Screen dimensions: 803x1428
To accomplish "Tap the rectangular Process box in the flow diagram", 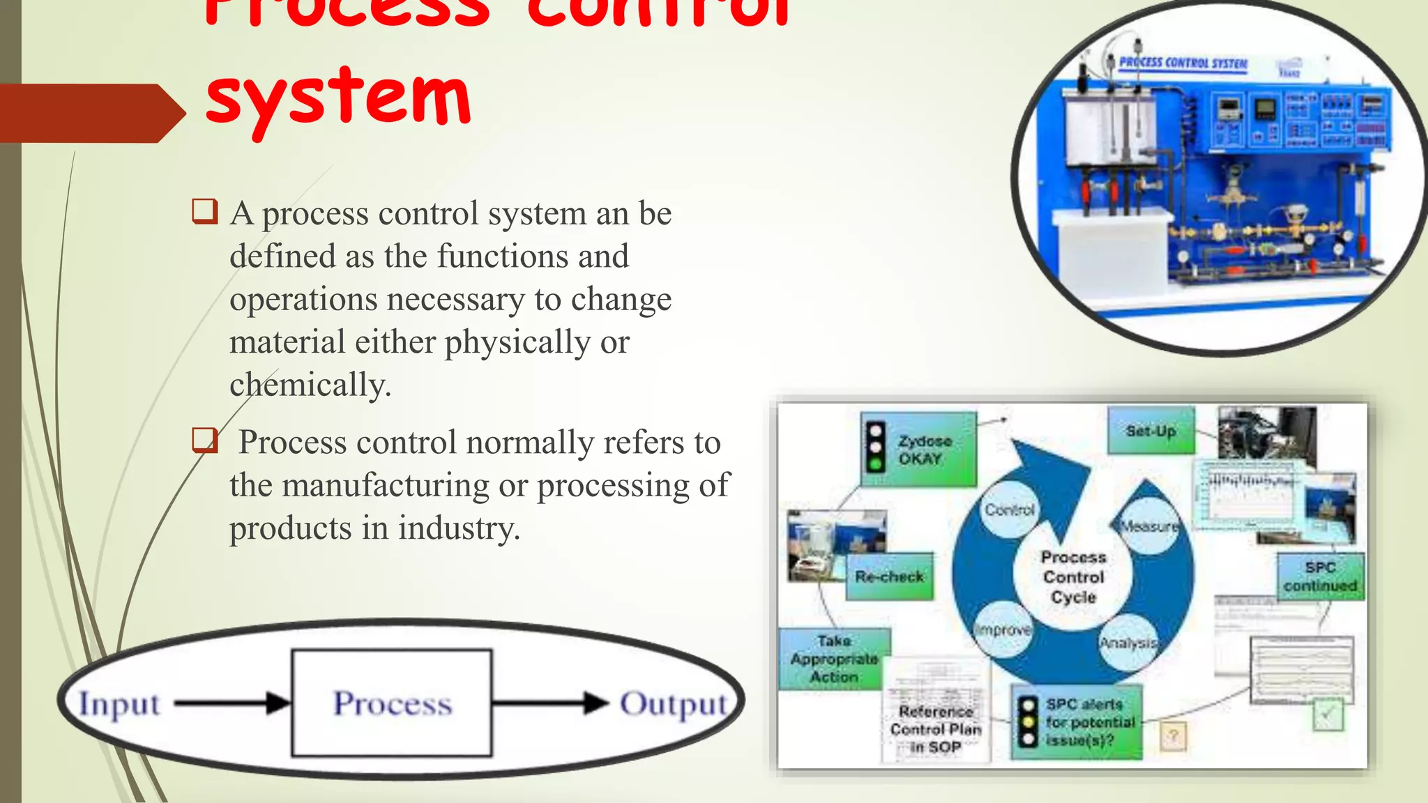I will pos(392,703).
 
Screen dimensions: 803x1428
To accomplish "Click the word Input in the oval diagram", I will pos(119,703).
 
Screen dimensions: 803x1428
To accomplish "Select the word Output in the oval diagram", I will pos(673,703).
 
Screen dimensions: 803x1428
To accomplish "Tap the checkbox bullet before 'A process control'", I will pos(205,211).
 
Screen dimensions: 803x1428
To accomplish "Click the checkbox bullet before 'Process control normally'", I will pos(205,441).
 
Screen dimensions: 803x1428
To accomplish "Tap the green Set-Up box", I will pos(1150,431).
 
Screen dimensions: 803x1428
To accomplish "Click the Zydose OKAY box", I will pos(919,450).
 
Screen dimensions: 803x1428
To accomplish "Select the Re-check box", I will pos(889,576).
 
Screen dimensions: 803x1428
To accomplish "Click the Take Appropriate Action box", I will pos(834,659).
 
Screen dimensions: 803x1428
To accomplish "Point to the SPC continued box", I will pos(1320,576).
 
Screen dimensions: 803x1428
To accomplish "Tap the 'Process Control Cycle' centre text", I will pos(1073,577).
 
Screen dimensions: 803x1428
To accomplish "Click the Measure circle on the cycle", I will pos(1149,526).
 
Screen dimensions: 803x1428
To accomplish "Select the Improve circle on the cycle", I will pos(1003,629).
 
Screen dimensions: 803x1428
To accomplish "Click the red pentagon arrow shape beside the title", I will pos(91,114).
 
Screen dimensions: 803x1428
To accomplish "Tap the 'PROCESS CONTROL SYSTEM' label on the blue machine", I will pos(1183,63).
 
